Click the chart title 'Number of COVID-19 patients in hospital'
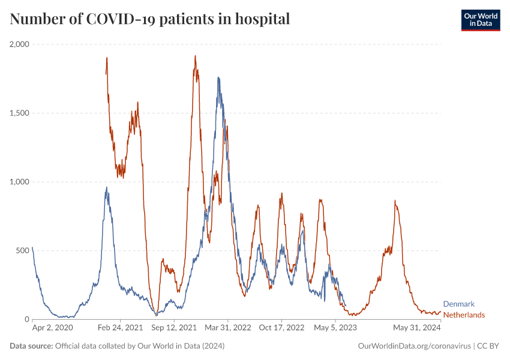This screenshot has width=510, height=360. [x=150, y=19]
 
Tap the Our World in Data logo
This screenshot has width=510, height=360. [x=481, y=20]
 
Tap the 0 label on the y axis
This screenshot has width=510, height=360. [x=26, y=319]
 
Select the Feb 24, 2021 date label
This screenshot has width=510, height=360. [x=121, y=328]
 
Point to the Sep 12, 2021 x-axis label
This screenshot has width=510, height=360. [x=174, y=328]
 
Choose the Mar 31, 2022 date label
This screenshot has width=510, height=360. [x=227, y=328]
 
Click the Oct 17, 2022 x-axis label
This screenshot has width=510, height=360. [x=281, y=328]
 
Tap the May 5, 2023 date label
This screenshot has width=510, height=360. [x=334, y=328]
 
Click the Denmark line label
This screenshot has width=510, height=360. [x=458, y=304]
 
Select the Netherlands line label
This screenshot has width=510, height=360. [x=464, y=315]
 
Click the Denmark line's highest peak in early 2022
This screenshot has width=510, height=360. [x=218, y=77]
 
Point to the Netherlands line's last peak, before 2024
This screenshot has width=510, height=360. [x=395, y=201]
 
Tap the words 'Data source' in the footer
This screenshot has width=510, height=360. [x=31, y=346]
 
